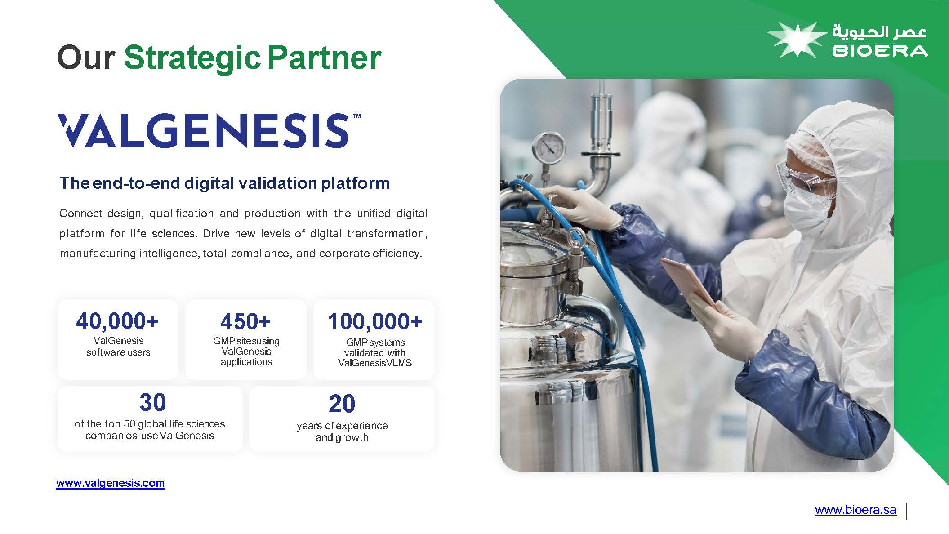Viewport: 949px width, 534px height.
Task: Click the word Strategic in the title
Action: [x=192, y=58]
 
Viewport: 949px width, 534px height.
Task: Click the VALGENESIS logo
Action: [x=209, y=130]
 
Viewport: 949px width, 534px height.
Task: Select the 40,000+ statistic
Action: [x=117, y=321]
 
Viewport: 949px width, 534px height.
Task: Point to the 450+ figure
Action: [x=245, y=321]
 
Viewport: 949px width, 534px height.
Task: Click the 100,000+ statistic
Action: [x=374, y=321]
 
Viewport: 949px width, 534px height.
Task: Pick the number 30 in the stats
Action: [x=152, y=402]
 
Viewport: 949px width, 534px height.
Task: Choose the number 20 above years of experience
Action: [x=342, y=404]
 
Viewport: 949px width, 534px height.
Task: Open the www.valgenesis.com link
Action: [x=111, y=483]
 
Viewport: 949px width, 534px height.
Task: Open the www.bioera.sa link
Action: [x=855, y=510]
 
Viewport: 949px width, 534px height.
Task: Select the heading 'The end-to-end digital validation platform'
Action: [x=225, y=183]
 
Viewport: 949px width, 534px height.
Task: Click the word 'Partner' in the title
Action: [x=324, y=58]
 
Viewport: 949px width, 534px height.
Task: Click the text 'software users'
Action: [x=118, y=352]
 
